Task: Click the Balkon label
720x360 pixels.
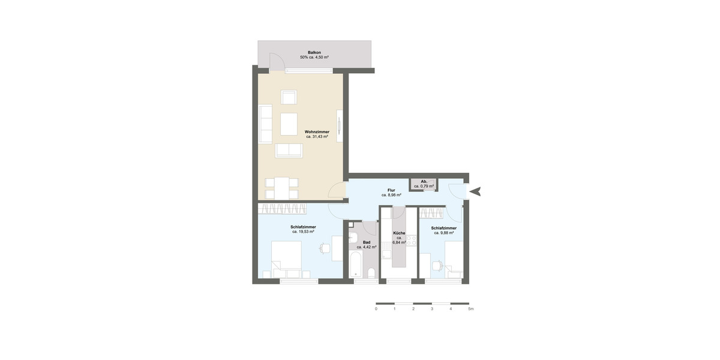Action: (x=314, y=53)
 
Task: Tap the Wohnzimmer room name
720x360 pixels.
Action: (x=317, y=131)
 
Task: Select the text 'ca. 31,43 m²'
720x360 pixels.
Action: (x=317, y=137)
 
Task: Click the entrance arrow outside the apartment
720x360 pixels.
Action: (x=475, y=192)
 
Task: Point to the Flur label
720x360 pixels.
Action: (x=391, y=190)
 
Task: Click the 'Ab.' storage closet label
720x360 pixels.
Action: (x=424, y=181)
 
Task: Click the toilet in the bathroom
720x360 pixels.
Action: (x=371, y=274)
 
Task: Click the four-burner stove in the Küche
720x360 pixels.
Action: (x=412, y=241)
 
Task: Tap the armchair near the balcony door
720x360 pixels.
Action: (x=289, y=97)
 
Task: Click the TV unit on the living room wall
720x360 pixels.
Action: (x=340, y=126)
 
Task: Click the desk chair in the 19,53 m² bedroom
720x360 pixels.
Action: (x=324, y=247)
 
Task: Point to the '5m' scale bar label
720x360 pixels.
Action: (x=471, y=309)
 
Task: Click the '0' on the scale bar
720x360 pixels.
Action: (x=376, y=309)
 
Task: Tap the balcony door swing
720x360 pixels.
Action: (x=276, y=62)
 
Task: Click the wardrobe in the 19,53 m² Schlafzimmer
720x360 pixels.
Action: (x=283, y=209)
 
